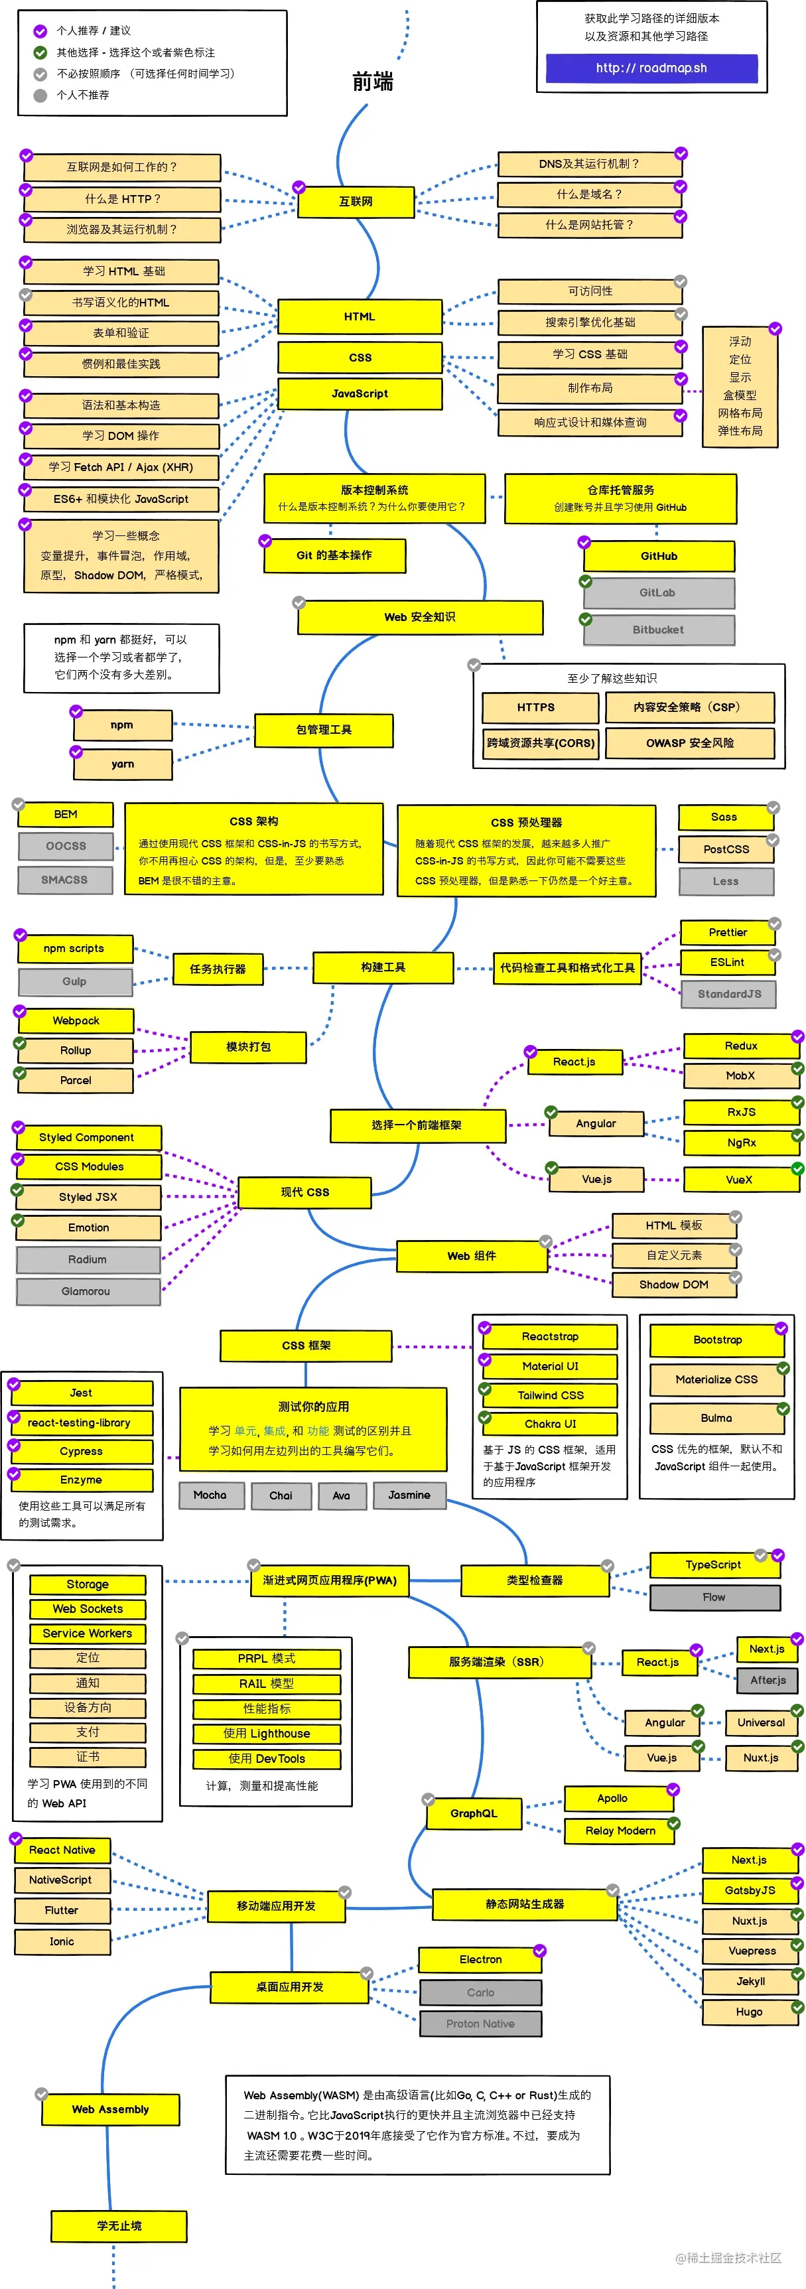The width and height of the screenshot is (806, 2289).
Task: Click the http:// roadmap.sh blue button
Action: (x=651, y=68)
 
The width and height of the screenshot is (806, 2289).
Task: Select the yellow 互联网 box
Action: (x=356, y=202)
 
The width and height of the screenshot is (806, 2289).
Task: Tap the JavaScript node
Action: (x=360, y=393)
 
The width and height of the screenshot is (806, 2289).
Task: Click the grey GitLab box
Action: (x=659, y=592)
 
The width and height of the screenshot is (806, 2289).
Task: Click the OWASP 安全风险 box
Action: (x=690, y=743)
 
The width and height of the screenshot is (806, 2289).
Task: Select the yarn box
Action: (x=123, y=764)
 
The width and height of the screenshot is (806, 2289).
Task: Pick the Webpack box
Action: (x=76, y=1021)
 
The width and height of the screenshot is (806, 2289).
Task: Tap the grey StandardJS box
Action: (x=728, y=995)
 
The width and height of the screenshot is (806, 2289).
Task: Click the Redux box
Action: (x=740, y=1046)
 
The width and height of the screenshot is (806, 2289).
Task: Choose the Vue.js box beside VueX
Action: (x=596, y=1179)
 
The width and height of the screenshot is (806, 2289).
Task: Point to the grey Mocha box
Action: (x=210, y=1495)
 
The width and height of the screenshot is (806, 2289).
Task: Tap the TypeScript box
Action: (x=712, y=1564)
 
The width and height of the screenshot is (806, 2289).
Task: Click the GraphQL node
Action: (x=473, y=1813)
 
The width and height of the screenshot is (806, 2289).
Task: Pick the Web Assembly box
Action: (x=110, y=2109)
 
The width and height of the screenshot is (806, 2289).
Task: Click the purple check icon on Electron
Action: (x=539, y=1951)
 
